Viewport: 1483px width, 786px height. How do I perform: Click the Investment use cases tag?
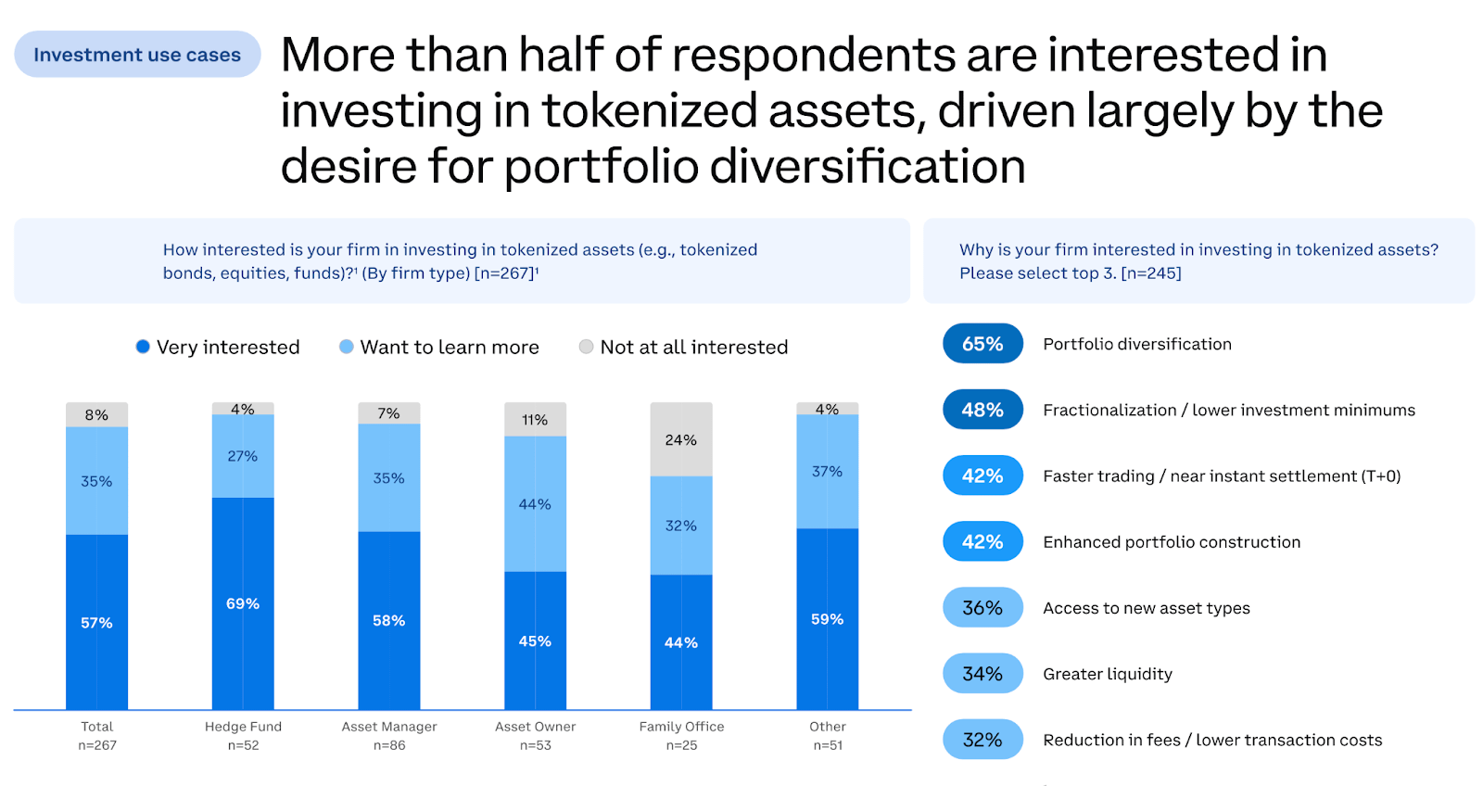[x=137, y=55]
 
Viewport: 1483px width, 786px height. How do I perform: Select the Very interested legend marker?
[x=143, y=347]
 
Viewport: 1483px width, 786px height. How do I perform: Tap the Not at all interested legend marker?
[x=586, y=347]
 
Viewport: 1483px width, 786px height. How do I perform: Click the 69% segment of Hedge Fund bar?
[x=243, y=603]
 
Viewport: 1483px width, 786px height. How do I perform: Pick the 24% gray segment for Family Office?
[x=681, y=439]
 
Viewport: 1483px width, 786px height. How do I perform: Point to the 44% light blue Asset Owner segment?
[x=535, y=504]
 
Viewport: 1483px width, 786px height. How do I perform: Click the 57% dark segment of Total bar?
[x=96, y=622]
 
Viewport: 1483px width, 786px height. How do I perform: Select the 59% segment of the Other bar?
[x=827, y=618]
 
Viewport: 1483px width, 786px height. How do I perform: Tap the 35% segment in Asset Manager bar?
[x=388, y=478]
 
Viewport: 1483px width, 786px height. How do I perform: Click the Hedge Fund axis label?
[x=243, y=727]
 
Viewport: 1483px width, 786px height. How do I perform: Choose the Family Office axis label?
[x=681, y=727]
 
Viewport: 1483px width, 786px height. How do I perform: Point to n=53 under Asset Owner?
[x=535, y=745]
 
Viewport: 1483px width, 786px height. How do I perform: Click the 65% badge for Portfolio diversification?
[x=982, y=344]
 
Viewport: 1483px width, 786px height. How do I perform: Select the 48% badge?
[x=982, y=410]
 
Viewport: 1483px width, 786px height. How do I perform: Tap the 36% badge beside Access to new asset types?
[x=982, y=608]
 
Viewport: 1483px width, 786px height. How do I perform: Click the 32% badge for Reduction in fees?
[x=982, y=740]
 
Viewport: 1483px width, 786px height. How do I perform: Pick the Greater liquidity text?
[x=1108, y=674]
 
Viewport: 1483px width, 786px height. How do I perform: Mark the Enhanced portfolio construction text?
[x=1172, y=542]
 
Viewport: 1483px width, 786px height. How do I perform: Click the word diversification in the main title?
[x=868, y=167]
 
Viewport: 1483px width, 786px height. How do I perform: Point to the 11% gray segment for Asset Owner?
[x=535, y=420]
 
